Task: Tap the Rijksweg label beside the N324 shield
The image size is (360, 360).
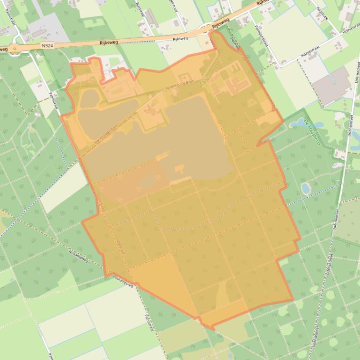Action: pos(109,42)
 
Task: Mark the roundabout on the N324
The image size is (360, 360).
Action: pos(17,48)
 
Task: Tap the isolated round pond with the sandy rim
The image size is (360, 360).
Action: pos(306,188)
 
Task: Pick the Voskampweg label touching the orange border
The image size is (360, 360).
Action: pos(123,281)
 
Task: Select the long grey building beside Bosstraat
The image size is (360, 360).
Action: pos(152,18)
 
